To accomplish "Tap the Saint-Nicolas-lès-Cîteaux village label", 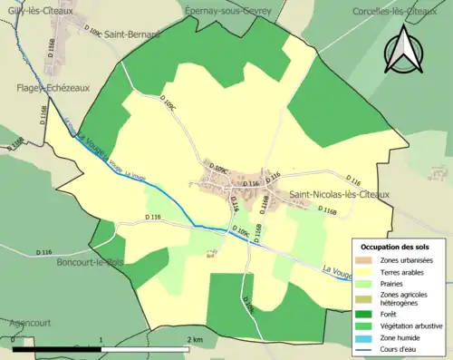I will click(339, 194).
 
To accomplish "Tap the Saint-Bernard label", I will click(131, 34).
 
